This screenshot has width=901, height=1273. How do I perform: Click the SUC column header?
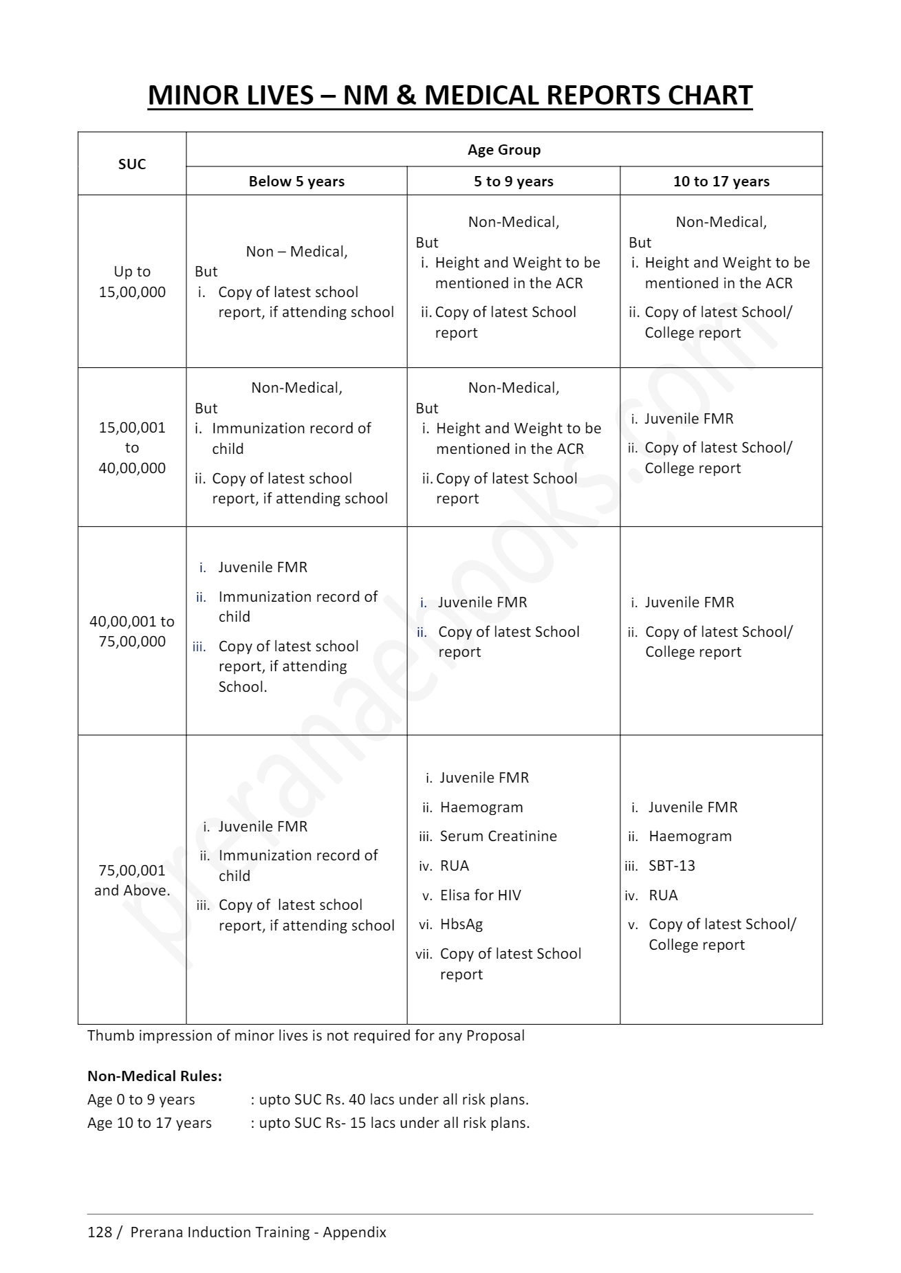pos(132,164)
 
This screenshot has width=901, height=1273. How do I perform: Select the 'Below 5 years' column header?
pos(296,182)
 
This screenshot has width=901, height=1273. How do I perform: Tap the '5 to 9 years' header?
pos(513,182)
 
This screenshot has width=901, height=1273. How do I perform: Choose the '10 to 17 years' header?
pos(721,182)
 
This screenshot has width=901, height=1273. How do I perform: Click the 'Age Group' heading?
pos(504,150)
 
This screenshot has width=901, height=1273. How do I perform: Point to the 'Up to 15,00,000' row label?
pos(132,281)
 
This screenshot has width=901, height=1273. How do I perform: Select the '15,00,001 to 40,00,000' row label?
pos(132,448)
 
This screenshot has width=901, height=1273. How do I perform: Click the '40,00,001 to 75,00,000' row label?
pos(132,631)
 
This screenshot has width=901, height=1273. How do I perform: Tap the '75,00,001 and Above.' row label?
pos(132,880)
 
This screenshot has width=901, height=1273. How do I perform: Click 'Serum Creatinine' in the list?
pos(498,836)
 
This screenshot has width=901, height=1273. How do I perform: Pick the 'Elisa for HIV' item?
pos(480,895)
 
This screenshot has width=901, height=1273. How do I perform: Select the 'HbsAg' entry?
pos(461,924)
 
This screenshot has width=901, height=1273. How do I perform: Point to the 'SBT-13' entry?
pos(671,866)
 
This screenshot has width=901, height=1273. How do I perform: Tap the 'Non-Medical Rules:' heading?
pos(155,1076)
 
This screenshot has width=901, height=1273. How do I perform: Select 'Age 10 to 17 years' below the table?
pos(149,1123)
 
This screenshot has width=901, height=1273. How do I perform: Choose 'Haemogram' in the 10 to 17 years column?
pos(690,836)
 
